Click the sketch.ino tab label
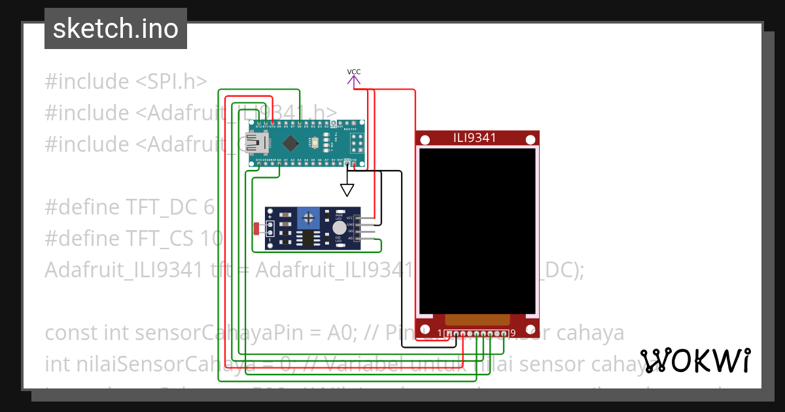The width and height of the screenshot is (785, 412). click(x=116, y=29)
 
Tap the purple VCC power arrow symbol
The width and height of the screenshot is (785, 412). click(x=354, y=81)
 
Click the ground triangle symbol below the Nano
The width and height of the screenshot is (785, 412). click(x=347, y=190)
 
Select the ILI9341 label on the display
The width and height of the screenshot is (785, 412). click(x=474, y=138)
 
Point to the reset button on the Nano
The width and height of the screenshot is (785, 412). click(x=315, y=142)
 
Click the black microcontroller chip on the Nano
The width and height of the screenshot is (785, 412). click(x=289, y=142)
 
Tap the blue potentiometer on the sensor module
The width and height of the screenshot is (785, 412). click(x=309, y=217)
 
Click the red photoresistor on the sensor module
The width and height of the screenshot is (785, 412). click(x=256, y=228)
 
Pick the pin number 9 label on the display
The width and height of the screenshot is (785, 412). click(x=513, y=333)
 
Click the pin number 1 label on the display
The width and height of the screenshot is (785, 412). click(x=440, y=333)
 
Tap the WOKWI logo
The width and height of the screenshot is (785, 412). click(x=695, y=360)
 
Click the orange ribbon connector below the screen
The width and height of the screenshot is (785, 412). click(x=477, y=320)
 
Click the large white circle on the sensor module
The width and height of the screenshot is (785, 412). click(x=339, y=228)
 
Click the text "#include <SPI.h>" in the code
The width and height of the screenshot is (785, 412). click(x=126, y=82)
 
